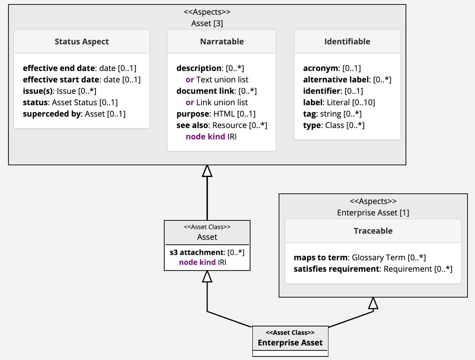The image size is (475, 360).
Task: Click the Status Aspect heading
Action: click(x=82, y=42)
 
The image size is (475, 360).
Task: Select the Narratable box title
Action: click(x=222, y=42)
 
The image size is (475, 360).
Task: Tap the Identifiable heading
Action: click(x=347, y=42)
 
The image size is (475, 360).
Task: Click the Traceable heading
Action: click(x=373, y=231)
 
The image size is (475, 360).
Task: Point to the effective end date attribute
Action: click(x=80, y=68)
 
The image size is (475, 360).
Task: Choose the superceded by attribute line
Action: click(x=74, y=114)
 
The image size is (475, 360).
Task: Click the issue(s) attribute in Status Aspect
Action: click(x=60, y=91)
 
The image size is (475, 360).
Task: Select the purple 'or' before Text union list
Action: click(x=190, y=80)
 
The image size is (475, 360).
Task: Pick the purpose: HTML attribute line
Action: click(x=216, y=114)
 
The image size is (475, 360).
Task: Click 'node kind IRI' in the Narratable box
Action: click(x=211, y=137)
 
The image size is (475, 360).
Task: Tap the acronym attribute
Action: click(x=332, y=68)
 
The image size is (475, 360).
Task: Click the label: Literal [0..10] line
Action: click(x=339, y=102)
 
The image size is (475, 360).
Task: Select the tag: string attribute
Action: click(x=332, y=114)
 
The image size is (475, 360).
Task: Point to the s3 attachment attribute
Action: click(x=207, y=252)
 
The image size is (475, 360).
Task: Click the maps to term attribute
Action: click(x=360, y=258)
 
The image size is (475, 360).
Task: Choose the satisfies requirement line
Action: click(x=373, y=269)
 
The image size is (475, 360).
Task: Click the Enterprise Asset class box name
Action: click(x=290, y=343)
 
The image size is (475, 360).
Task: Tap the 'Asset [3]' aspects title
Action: click(x=207, y=23)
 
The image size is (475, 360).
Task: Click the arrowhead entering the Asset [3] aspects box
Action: click(x=207, y=171)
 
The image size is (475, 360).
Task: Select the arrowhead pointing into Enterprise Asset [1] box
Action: click(x=373, y=303)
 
